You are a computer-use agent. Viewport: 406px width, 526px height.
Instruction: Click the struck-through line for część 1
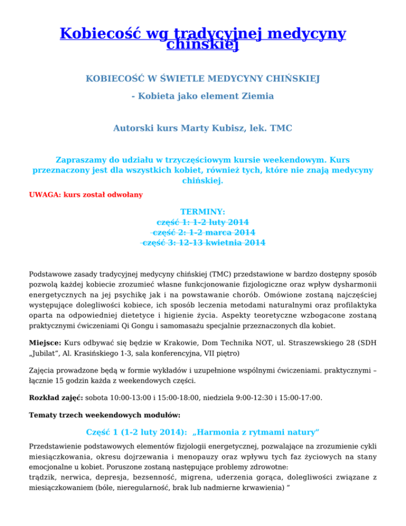(203, 222)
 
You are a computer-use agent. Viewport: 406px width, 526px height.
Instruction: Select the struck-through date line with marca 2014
(203, 232)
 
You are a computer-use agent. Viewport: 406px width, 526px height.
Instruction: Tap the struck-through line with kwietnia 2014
(203, 243)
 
